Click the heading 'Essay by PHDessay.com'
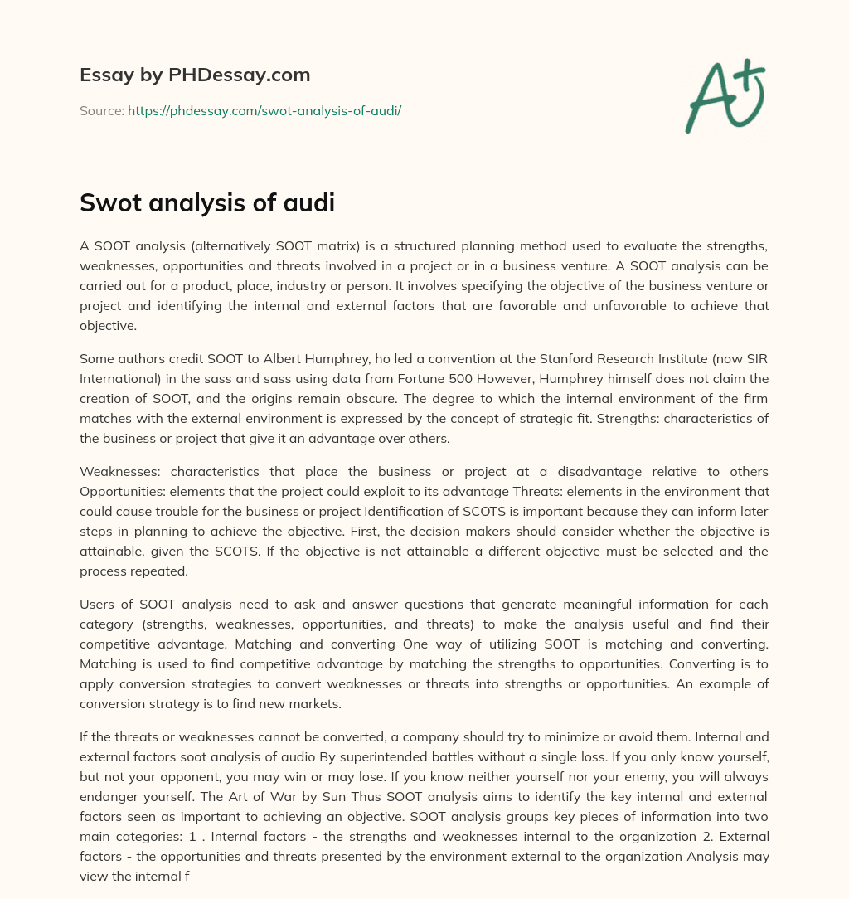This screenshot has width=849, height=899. pos(195,75)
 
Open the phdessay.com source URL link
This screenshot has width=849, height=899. pos(264,110)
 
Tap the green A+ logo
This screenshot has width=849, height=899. pos(725,95)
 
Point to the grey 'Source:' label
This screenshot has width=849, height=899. pos(102,110)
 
